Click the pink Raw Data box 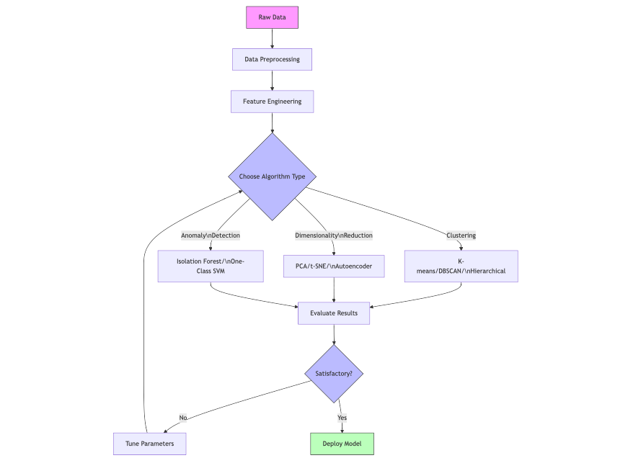click(x=272, y=17)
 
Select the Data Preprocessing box click(x=272, y=59)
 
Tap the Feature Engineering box click(x=272, y=102)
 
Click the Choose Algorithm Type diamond click(x=272, y=176)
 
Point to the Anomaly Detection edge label click(x=210, y=235)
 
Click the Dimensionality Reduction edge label click(x=334, y=235)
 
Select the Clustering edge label click(x=461, y=235)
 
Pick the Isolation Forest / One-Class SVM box click(x=210, y=266)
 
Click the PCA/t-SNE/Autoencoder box click(x=334, y=266)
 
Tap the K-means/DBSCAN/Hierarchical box click(x=461, y=266)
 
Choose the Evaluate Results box click(x=334, y=313)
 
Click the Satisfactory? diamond click(x=334, y=374)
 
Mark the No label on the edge click(x=183, y=418)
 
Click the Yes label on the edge click(x=342, y=418)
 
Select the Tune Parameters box click(x=149, y=444)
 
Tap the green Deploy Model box click(x=342, y=444)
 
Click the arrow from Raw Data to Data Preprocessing click(x=272, y=38)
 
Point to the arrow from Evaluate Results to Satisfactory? click(x=334, y=334)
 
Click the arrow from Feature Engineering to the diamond click(x=272, y=122)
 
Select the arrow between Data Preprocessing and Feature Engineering click(x=272, y=80)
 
